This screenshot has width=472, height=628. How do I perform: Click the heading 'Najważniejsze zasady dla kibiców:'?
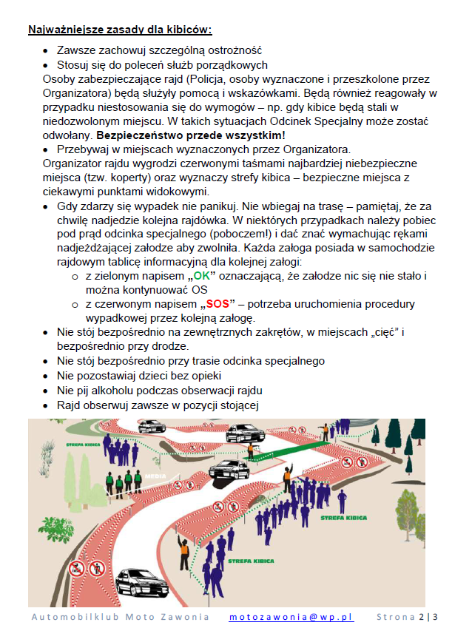pos(120,30)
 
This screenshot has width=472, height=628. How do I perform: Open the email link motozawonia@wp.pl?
pos(291,617)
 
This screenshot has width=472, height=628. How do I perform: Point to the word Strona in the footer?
pos(396,617)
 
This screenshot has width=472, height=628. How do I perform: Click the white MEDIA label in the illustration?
pos(155,476)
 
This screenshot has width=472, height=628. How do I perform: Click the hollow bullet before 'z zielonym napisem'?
pos(75,276)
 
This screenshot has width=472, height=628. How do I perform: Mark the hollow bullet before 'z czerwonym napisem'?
pos(75,304)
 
